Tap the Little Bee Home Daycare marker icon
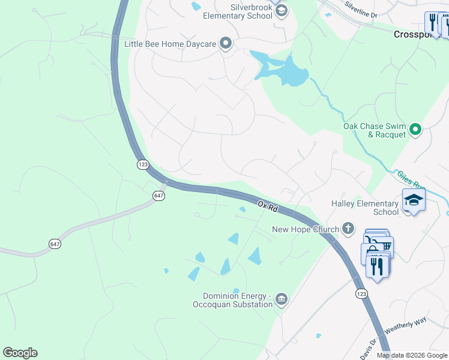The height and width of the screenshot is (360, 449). click(x=226, y=43)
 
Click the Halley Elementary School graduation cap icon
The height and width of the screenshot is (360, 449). click(x=414, y=199)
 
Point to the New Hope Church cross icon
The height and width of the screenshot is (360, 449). click(x=348, y=228)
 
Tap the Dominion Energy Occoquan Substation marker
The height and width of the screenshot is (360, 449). click(x=282, y=299)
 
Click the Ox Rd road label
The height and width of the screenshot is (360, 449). click(x=268, y=206)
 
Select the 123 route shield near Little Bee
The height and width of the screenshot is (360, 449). click(x=142, y=164)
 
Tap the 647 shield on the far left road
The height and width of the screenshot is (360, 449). click(x=55, y=243)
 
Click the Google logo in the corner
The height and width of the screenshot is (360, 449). click(x=20, y=353)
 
